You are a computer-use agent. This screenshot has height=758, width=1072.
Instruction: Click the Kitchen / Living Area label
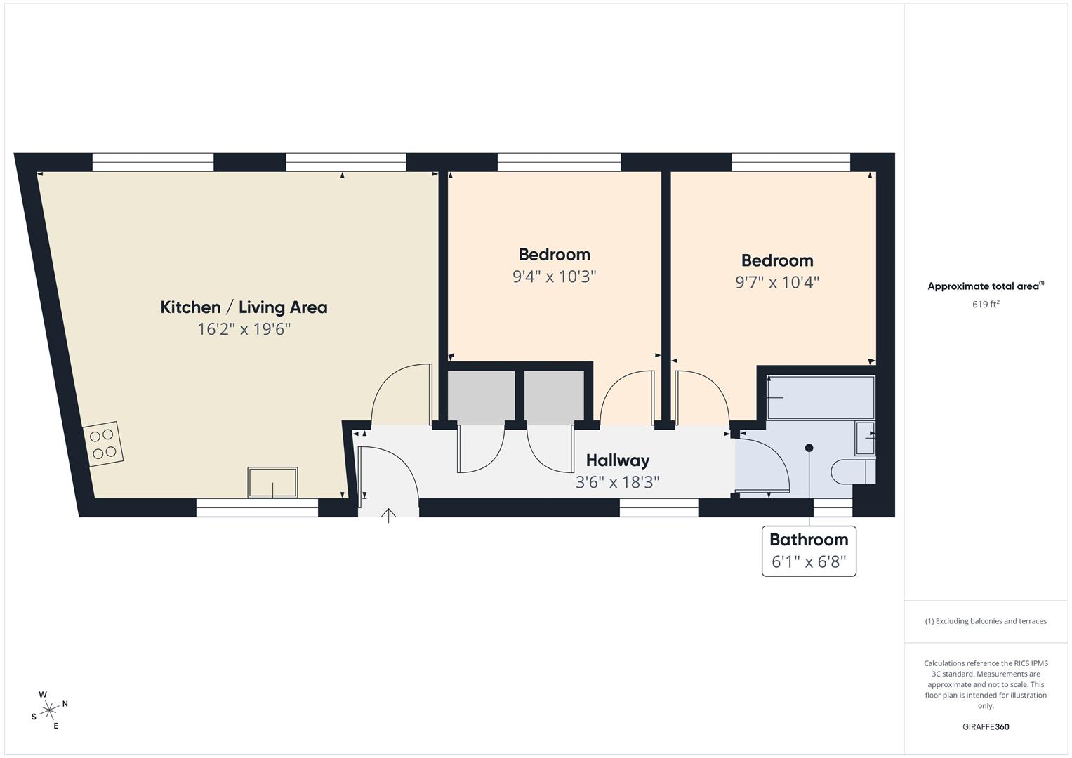[x=244, y=307]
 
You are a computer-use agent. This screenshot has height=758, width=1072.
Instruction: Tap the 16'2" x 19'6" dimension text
[x=244, y=329]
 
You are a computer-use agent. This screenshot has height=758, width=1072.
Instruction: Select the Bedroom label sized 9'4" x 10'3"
[x=554, y=254]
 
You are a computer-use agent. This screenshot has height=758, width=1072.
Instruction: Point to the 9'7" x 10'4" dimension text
[x=777, y=282]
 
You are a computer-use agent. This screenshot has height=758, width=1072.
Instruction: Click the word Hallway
[x=618, y=460]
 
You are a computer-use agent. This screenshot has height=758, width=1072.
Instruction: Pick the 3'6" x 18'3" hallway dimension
[x=618, y=482]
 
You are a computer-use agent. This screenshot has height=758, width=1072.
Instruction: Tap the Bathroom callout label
[x=809, y=540]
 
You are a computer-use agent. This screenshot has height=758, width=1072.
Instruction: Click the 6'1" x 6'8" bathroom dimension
[x=809, y=562]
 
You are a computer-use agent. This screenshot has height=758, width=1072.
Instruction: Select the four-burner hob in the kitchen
[x=102, y=444]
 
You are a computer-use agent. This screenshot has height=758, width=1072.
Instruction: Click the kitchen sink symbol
[x=272, y=482]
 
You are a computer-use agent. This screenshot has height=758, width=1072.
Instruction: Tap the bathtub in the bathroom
[x=821, y=398]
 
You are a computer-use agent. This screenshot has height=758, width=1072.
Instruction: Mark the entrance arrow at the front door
[x=388, y=517]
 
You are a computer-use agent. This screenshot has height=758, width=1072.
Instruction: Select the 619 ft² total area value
[x=986, y=305]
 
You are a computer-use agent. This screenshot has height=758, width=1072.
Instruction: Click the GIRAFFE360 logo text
[x=986, y=727]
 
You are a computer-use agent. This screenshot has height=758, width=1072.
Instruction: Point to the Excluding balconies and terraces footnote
[x=986, y=621]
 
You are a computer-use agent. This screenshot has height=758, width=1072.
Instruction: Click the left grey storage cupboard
[x=481, y=397]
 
